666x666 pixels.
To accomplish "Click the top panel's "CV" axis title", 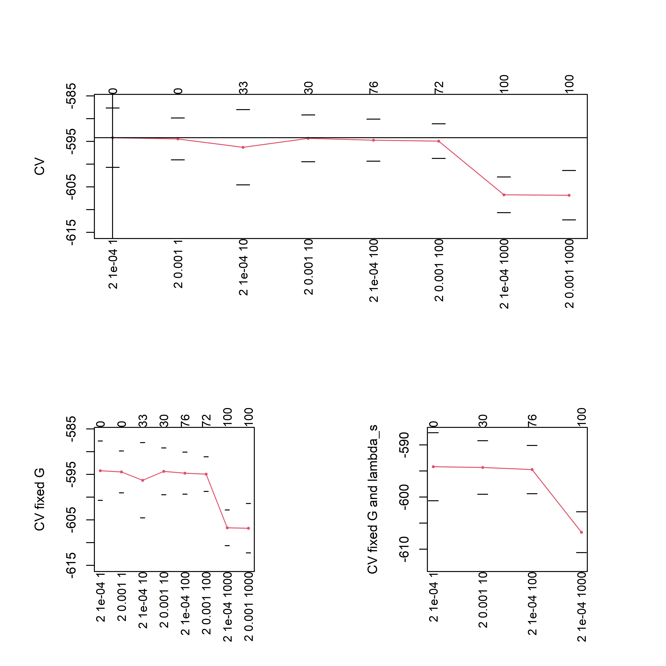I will coord(40,166).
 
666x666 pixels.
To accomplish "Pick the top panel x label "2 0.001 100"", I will coord(439,271).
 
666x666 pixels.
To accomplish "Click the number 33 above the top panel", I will coord(243,88).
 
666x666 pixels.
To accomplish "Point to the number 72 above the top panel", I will coord(439,88).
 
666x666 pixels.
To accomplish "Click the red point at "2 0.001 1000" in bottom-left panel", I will coord(249,528).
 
